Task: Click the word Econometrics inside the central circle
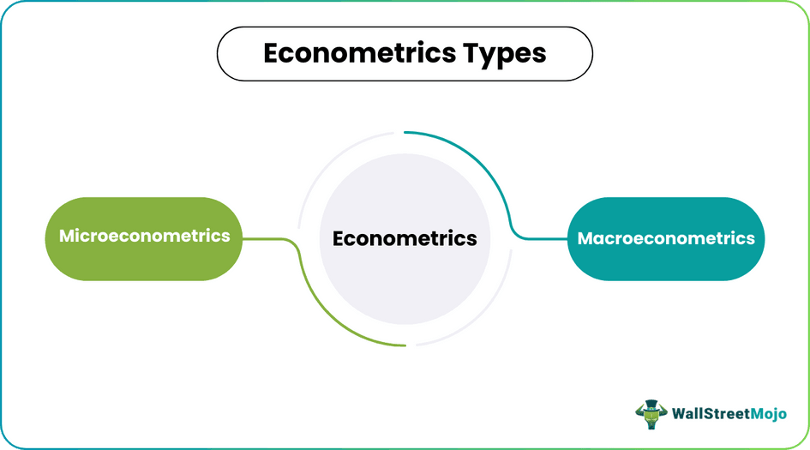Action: [405, 238]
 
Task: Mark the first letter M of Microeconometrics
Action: [67, 235]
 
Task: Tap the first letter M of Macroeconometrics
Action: [586, 238]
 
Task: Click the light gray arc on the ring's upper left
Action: [330, 163]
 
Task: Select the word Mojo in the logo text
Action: [766, 413]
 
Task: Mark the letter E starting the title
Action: [271, 53]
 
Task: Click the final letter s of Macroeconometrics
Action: [750, 238]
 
